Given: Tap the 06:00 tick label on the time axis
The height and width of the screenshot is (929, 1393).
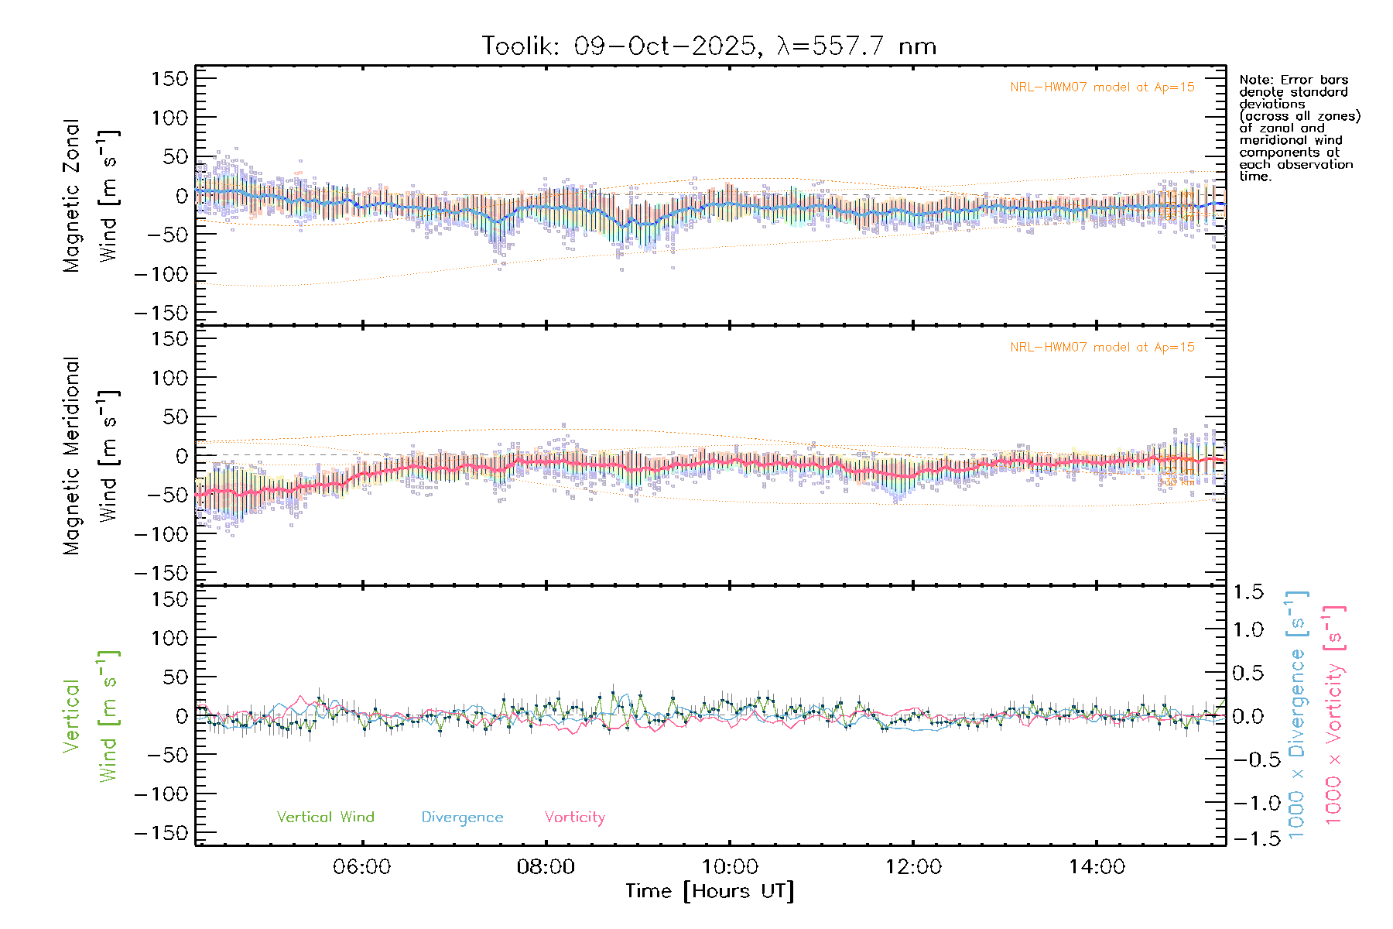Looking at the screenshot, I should coord(361,867).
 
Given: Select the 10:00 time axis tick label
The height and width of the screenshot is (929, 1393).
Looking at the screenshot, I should coord(729,867).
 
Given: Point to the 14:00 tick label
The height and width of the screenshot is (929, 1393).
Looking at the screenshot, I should coord(1097,867).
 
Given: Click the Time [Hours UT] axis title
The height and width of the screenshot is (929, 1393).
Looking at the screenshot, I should coord(710,892).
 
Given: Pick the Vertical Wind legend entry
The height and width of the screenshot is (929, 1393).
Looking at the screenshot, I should coord(325,818).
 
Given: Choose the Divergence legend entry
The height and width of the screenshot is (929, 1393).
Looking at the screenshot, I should coord(462,818).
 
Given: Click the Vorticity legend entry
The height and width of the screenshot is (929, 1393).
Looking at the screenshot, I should coord(574,818).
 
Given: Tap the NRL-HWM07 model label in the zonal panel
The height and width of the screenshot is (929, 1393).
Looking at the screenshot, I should coord(1102,87).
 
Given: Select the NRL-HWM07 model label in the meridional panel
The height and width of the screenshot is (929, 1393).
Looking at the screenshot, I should coord(1102,348).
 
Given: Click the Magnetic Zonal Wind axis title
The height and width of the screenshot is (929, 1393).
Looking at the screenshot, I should coord(91,196).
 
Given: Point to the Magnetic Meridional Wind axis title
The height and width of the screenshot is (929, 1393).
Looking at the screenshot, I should coord(91,456).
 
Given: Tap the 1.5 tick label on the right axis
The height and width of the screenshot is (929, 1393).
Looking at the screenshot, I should coord(1248,593).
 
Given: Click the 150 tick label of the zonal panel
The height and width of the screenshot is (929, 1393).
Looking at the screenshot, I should coord(169,79).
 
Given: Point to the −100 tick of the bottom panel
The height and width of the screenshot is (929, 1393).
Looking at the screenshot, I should coord(161,794).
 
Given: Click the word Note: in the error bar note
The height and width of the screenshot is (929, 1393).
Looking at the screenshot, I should coord(1254,81).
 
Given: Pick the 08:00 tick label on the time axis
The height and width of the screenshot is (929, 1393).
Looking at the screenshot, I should coord(546,867).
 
